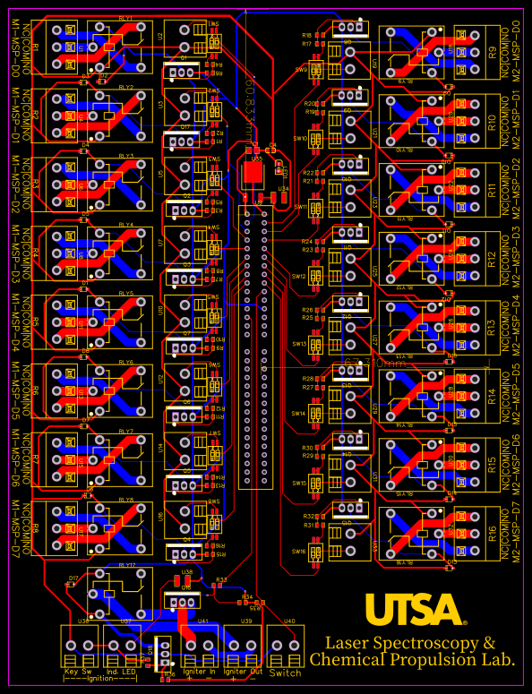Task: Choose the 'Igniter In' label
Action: pos(199,671)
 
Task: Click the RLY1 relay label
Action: pos(124,18)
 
